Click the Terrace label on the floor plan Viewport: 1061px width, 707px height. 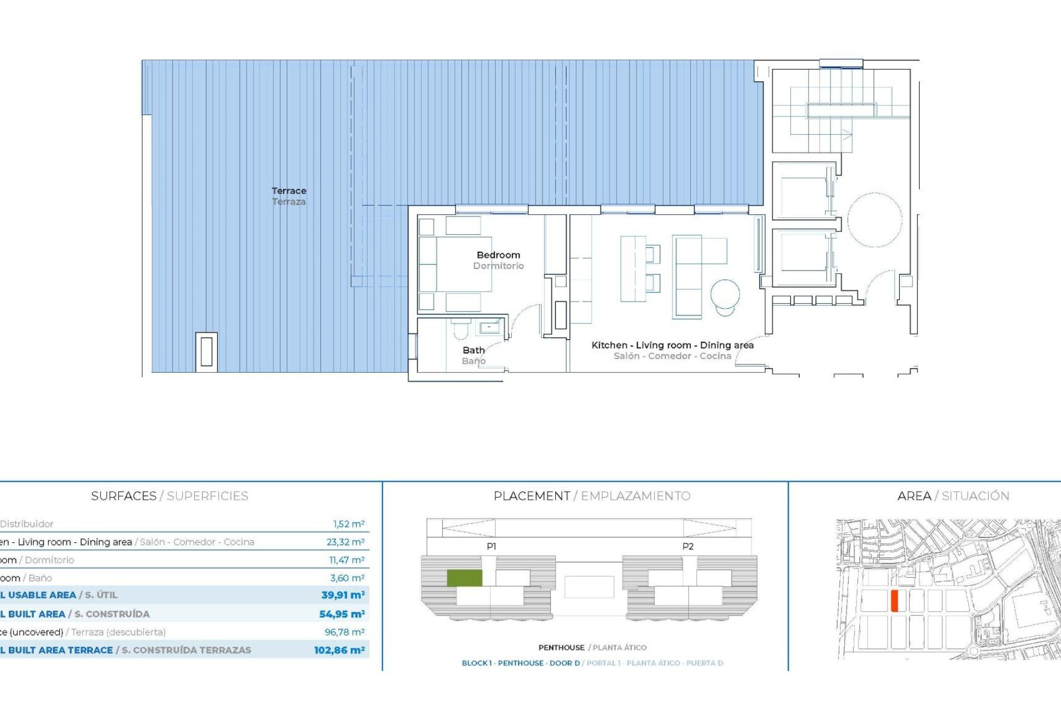click(288, 191)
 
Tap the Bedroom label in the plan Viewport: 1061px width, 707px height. click(498, 255)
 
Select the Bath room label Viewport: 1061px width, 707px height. click(474, 350)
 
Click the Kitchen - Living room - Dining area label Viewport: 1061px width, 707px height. click(672, 345)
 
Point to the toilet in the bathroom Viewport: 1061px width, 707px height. click(460, 330)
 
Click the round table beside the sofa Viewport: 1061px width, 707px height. click(724, 294)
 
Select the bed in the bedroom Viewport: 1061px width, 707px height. click(457, 264)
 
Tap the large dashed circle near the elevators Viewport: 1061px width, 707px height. click(874, 219)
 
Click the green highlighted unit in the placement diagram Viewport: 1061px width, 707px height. click(464, 578)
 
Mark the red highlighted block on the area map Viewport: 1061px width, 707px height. click(894, 600)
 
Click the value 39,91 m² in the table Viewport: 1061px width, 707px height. click(343, 595)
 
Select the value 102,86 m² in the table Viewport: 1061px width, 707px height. click(339, 650)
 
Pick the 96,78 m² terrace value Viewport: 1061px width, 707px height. click(344, 632)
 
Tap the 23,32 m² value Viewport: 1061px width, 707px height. click(345, 542)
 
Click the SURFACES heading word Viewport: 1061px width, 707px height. click(124, 496)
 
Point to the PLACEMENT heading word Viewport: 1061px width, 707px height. click(532, 496)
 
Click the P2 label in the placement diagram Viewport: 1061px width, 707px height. click(687, 546)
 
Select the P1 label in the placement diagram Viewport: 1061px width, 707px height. click(491, 546)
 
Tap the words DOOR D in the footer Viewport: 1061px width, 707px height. click(564, 663)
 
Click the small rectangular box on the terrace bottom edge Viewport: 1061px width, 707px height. click(206, 351)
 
